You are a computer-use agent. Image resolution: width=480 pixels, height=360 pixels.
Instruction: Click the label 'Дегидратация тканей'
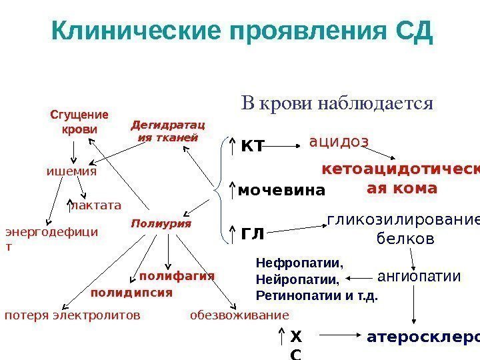pyautogui.click(x=167, y=131)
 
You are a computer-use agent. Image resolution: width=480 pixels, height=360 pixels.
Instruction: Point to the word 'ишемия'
pyautogui.click(x=71, y=171)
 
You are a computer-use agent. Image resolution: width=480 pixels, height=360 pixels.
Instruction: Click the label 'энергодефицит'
pyautogui.click(x=51, y=239)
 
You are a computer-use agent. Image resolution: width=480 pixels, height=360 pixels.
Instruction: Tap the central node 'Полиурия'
pyautogui.click(x=161, y=223)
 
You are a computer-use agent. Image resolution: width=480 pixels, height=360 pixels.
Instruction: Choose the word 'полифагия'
pyautogui.click(x=177, y=275)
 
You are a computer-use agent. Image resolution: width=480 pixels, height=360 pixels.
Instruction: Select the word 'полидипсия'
pyautogui.click(x=131, y=292)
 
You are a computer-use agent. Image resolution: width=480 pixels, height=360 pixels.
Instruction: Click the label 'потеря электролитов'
pyautogui.click(x=73, y=315)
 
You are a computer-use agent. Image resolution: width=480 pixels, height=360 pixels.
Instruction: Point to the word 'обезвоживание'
pyautogui.click(x=240, y=315)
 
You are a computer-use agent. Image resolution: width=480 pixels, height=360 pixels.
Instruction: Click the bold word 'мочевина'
pyautogui.click(x=281, y=191)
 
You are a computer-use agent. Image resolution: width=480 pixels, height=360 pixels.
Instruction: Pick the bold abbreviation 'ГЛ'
pyautogui.click(x=252, y=235)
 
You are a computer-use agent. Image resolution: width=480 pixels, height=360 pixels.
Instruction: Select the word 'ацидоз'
pyautogui.click(x=339, y=141)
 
